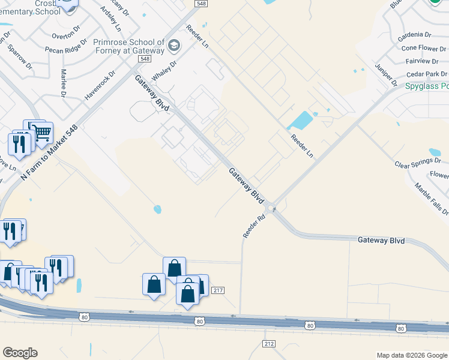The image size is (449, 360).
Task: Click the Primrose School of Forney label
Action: (128, 47)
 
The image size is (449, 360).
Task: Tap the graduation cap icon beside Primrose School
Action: (174, 46)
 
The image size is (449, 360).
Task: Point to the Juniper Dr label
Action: (386, 73)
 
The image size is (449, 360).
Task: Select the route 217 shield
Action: (218, 290)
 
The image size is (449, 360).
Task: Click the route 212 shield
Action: (268, 343)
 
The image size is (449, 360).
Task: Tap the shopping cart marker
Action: (41, 133)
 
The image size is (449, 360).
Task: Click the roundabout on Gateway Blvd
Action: (271, 209)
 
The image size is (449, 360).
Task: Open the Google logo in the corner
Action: (20, 353)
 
